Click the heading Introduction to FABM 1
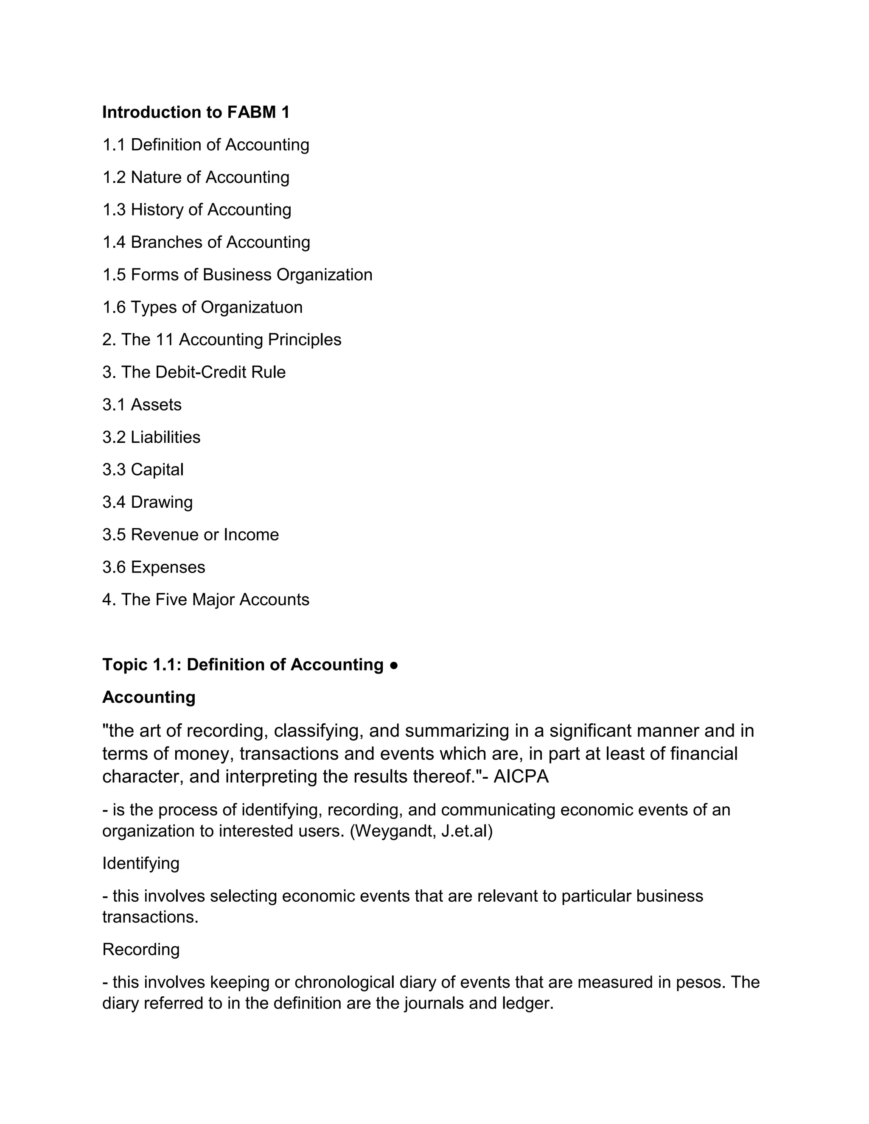click(196, 112)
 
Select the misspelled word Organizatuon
click(251, 307)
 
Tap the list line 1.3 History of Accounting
click(196, 210)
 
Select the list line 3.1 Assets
click(142, 405)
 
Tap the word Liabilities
click(165, 437)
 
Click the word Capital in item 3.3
click(157, 470)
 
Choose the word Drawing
click(162, 502)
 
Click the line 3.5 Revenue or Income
click(191, 535)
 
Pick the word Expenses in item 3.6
click(168, 567)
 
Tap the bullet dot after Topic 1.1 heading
click(394, 665)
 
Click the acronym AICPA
click(521, 777)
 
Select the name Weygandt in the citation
click(394, 831)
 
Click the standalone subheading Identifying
click(140, 863)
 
